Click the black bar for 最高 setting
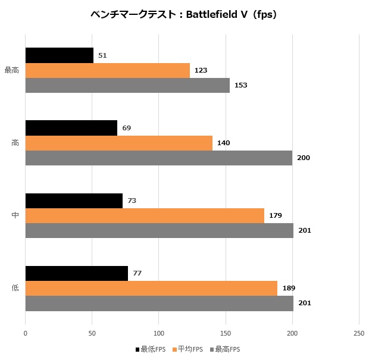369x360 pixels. coord(60,55)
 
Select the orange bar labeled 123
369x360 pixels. coord(108,70)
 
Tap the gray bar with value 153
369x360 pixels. coord(127,85)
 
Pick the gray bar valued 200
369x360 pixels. coord(159,158)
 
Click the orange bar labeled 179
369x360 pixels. coord(145,215)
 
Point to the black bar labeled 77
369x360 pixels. coord(77,273)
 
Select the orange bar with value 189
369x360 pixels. coord(151,288)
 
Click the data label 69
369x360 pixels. coord(127,128)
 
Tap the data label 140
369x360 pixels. coord(224,143)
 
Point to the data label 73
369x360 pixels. coord(132,201)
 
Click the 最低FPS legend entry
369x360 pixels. coord(151,349)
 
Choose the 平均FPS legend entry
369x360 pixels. coord(187,349)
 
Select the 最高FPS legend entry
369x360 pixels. coord(225,349)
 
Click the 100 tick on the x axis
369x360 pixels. coord(159,333)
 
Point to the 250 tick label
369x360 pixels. coord(359,333)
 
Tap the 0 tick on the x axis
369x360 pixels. coord(26,333)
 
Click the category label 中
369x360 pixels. coord(15,215)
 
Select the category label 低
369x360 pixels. coord(15,287)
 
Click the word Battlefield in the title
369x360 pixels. coord(212,15)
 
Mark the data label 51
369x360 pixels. coord(102,55)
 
